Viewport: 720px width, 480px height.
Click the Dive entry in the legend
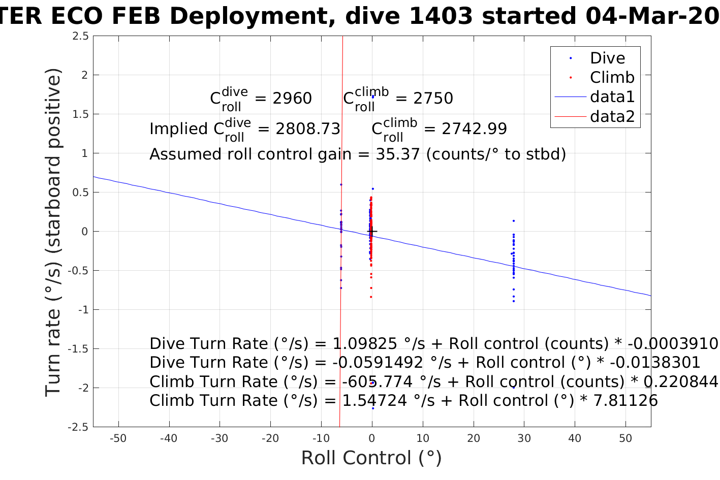pyautogui.click(x=607, y=58)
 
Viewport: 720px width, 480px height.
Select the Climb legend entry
pyautogui.click(x=612, y=78)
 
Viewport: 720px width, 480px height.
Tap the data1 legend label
pyautogui.click(x=612, y=97)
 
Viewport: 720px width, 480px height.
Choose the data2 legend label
pyautogui.click(x=612, y=116)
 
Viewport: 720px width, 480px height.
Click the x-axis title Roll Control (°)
pyautogui.click(x=371, y=458)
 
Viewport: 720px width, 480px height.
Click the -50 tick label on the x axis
pyautogui.click(x=118, y=438)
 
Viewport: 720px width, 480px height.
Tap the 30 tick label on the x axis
pyautogui.click(x=524, y=438)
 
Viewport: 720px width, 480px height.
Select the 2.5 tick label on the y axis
pyautogui.click(x=80, y=36)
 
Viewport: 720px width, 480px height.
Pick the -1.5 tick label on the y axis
pyautogui.click(x=78, y=349)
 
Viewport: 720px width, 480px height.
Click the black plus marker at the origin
pyautogui.click(x=372, y=232)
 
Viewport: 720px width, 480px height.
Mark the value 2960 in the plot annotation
pyautogui.click(x=292, y=99)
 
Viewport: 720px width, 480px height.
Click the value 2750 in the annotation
pyautogui.click(x=433, y=99)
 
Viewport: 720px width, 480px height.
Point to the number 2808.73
pyautogui.click(x=308, y=129)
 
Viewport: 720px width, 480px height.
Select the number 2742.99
pyautogui.click(x=474, y=129)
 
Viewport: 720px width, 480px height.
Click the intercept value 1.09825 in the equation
pyautogui.click(x=364, y=344)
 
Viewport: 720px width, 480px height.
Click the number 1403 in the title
pyautogui.click(x=440, y=16)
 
